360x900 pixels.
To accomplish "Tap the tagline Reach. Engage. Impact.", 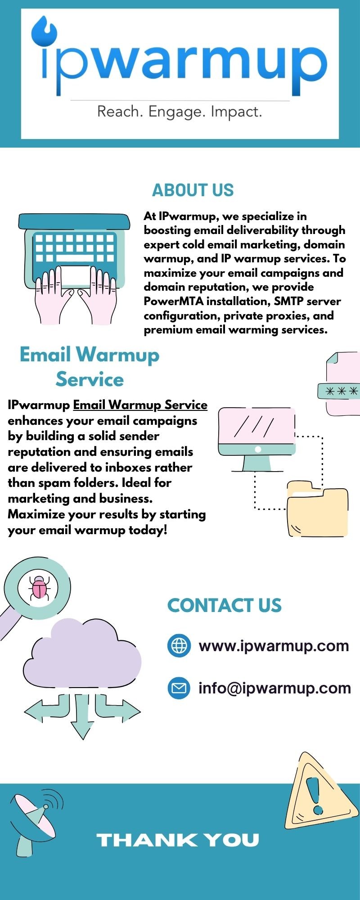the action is (x=180, y=112).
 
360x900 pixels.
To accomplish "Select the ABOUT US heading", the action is (x=193, y=190).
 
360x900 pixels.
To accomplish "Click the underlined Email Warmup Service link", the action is (x=140, y=405).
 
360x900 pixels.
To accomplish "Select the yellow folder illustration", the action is (x=318, y=509).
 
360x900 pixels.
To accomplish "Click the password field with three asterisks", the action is (x=339, y=391).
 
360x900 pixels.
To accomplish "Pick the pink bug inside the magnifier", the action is (x=40, y=587).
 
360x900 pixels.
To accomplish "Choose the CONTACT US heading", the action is (x=225, y=606).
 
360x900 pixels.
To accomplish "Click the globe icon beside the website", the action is (x=179, y=646).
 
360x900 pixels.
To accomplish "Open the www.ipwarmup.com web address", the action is (x=274, y=646).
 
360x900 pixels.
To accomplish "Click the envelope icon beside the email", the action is (x=179, y=688).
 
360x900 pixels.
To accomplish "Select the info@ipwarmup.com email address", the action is (x=275, y=688).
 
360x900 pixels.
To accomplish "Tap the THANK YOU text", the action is (x=178, y=840).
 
